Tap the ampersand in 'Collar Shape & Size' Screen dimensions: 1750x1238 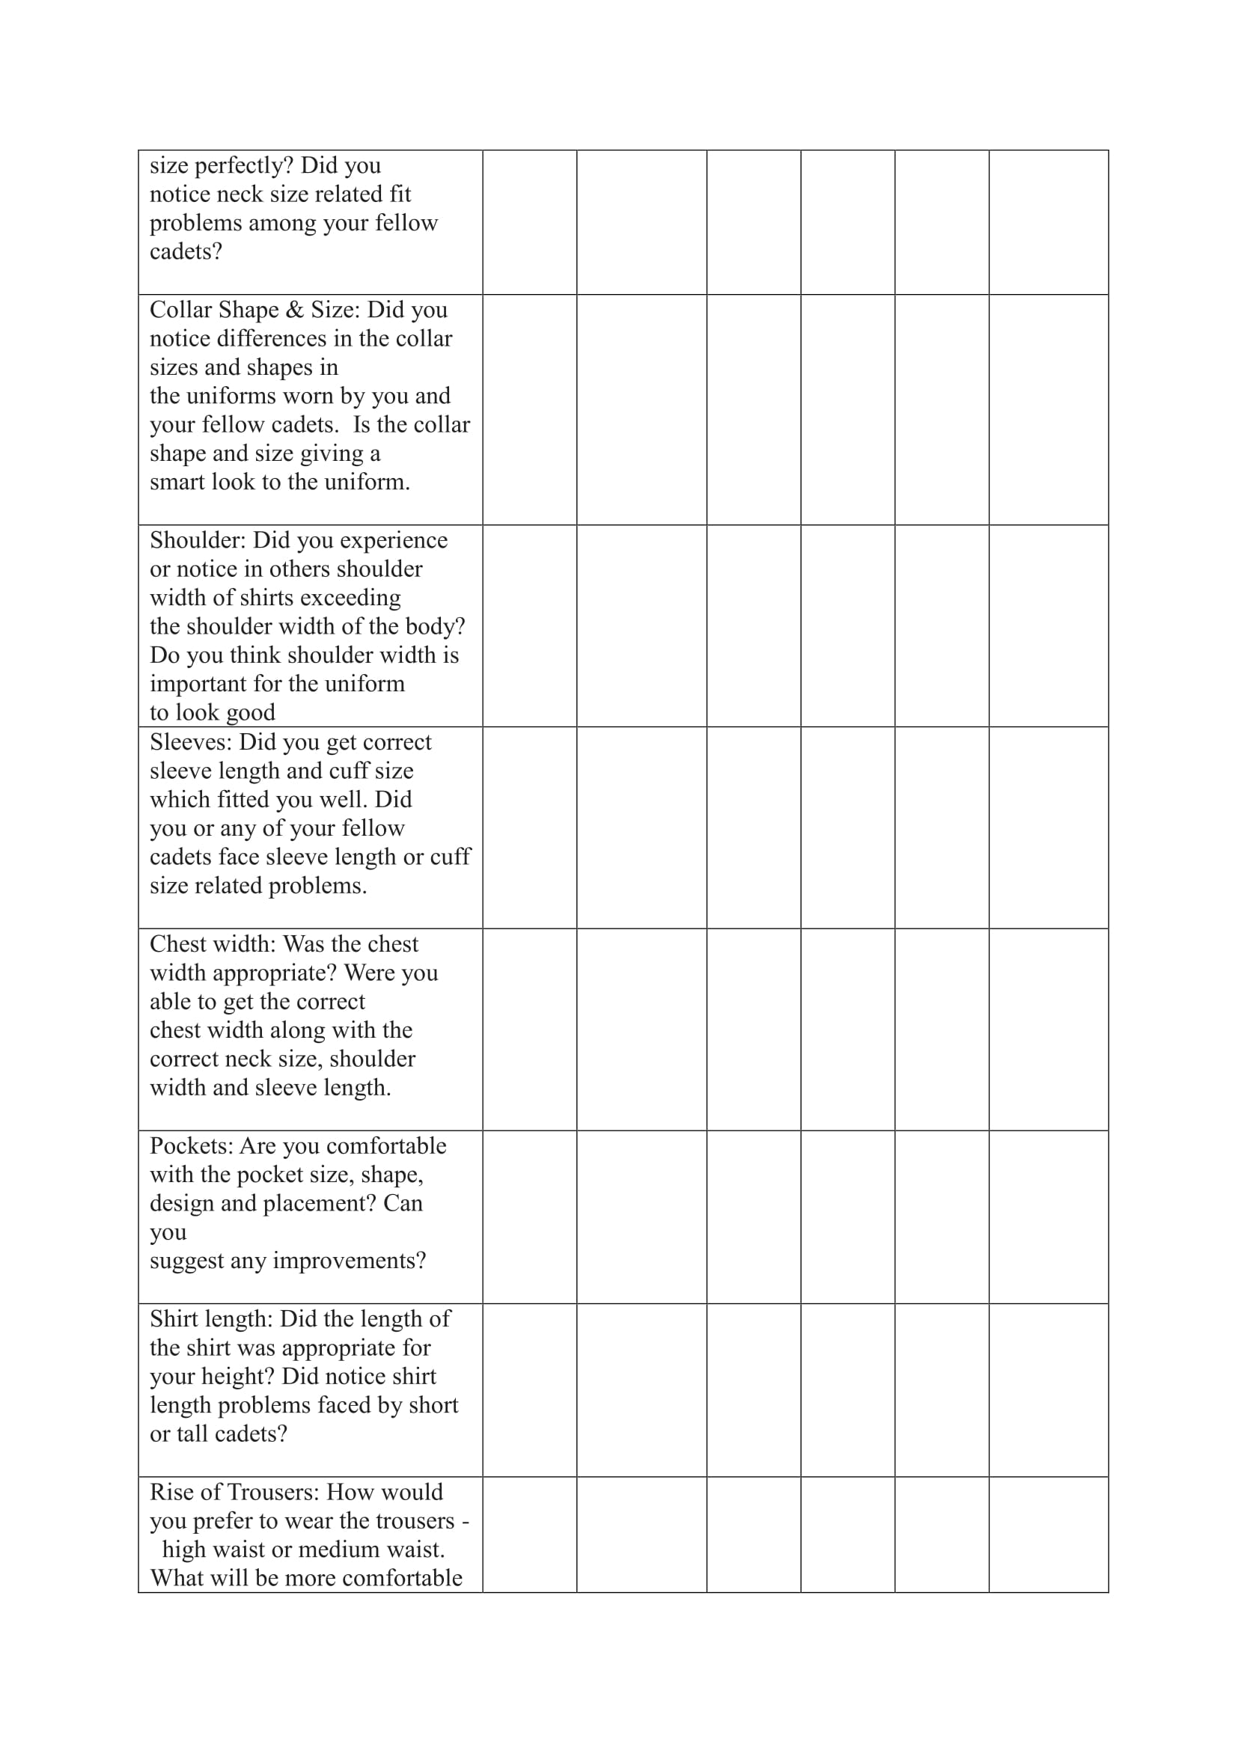click(x=294, y=310)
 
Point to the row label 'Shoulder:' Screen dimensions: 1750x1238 click(x=198, y=540)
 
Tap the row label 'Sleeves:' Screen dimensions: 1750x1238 click(x=191, y=742)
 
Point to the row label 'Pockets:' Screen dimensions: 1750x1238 click(x=192, y=1146)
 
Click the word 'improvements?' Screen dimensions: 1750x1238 click(x=348, y=1261)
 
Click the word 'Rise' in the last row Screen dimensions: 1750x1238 click(x=171, y=1493)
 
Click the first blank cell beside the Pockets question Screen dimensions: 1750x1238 click(x=529, y=1217)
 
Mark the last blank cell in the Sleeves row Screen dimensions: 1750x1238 click(x=1048, y=827)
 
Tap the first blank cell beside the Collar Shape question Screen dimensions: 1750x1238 click(x=529, y=409)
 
